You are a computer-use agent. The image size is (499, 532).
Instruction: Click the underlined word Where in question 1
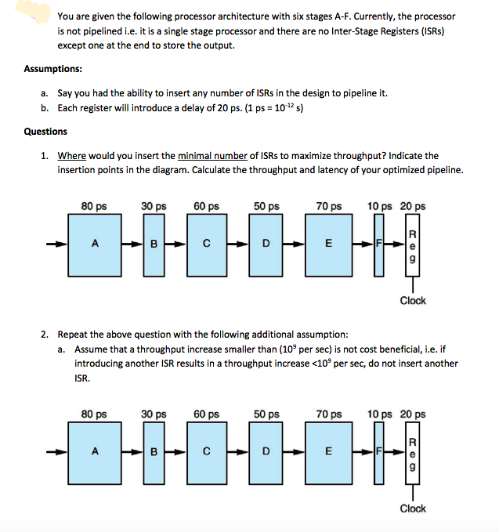pyautogui.click(x=72, y=156)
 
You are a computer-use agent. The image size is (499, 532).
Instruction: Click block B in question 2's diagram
pyautogui.click(x=154, y=451)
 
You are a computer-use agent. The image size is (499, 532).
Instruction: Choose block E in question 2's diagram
pyautogui.click(x=329, y=451)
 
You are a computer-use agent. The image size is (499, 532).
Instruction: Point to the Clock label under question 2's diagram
pyautogui.click(x=413, y=508)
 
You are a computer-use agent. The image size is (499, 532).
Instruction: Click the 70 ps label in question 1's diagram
pyautogui.click(x=329, y=207)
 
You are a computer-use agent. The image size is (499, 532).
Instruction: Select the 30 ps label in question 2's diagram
pyautogui.click(x=154, y=414)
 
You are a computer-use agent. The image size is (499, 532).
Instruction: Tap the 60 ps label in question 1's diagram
pyautogui.click(x=205, y=207)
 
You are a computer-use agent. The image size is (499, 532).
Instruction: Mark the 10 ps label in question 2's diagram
pyautogui.click(x=379, y=414)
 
